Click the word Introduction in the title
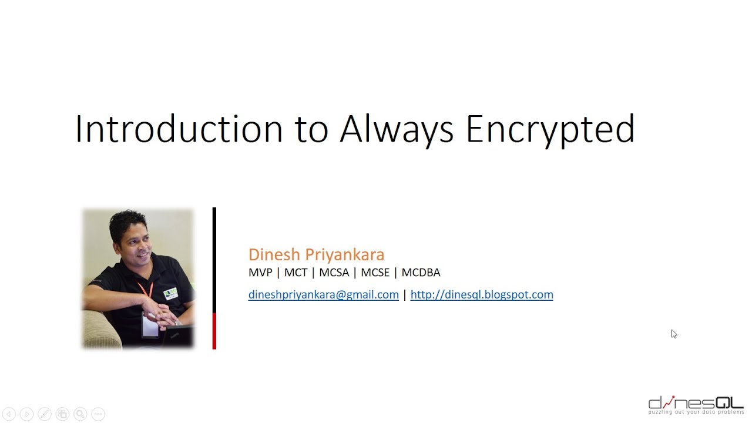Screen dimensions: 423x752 coord(179,129)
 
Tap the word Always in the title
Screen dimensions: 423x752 coord(397,129)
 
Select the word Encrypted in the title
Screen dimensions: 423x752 coord(550,129)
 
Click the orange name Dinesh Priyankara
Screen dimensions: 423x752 coord(316,254)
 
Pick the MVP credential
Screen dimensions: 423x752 coord(260,273)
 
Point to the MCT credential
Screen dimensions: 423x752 coord(296,273)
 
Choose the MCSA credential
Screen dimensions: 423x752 coord(334,273)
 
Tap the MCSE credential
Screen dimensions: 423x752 coord(375,273)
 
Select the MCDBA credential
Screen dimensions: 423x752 coord(421,273)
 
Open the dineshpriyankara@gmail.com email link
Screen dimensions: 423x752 coord(323,295)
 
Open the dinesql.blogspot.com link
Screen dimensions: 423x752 coord(482,295)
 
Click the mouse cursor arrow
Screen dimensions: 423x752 coord(674,334)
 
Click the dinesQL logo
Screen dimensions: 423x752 coord(696,405)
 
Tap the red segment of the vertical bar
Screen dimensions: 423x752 coord(214,331)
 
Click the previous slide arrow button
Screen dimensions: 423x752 coord(9,414)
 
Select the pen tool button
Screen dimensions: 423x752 coord(45,414)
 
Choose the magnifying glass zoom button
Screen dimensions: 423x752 coord(80,414)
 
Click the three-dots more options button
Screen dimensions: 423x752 coord(98,414)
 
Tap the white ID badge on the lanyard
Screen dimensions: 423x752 coord(149,324)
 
